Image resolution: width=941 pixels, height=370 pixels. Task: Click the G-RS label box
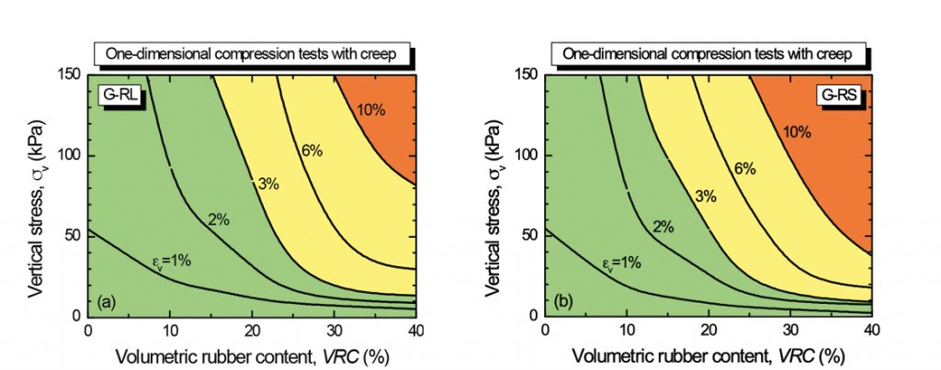(x=838, y=95)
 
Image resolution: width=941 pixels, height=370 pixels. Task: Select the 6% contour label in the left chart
(x=312, y=150)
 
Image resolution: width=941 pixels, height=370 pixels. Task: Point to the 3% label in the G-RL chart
(x=268, y=184)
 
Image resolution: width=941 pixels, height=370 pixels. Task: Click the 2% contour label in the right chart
(x=663, y=227)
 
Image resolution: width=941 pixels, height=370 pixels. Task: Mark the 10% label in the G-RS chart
(x=796, y=132)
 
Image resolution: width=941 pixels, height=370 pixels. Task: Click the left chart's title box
(x=250, y=54)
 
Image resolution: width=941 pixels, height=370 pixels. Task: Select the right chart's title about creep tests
(x=709, y=54)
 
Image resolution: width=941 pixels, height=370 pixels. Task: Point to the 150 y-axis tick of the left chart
(x=70, y=73)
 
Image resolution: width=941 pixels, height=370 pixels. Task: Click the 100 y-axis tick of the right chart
(x=528, y=154)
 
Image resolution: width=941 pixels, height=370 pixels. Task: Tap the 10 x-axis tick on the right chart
(x=627, y=330)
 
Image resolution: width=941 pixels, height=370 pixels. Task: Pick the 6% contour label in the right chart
(x=744, y=169)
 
